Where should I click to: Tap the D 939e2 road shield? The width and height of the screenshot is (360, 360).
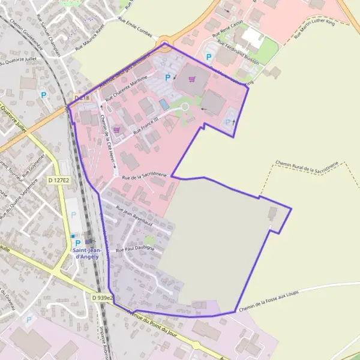tap(103, 298)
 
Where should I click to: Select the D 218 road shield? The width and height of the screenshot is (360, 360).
tap(82, 97)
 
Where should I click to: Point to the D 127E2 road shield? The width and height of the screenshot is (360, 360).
tap(59, 179)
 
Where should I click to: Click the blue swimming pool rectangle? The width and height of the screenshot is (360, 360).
tap(164, 104)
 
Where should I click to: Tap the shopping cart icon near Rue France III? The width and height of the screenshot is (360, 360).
tap(116, 129)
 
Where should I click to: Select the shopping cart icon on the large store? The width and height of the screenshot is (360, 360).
tap(191, 79)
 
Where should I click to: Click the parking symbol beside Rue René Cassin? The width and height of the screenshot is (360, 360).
tap(209, 57)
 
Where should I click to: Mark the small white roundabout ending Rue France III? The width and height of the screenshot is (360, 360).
tap(185, 107)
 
